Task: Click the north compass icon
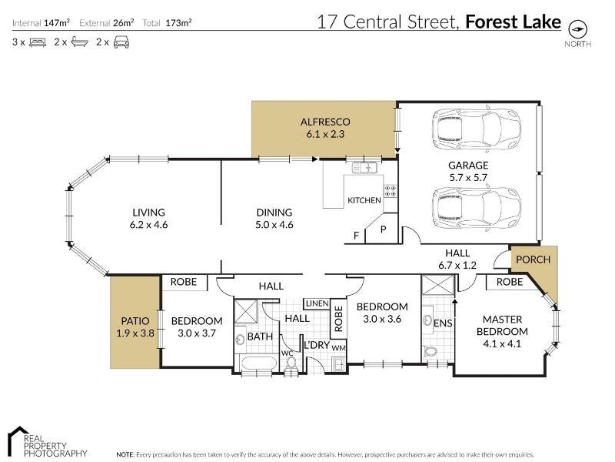[x=578, y=29]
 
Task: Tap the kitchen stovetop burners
[x=391, y=191]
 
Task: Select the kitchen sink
[x=364, y=168]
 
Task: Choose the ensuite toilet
[x=430, y=351]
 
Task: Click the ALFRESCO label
[x=325, y=122]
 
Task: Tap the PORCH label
[x=533, y=259]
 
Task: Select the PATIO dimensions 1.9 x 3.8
[x=135, y=333]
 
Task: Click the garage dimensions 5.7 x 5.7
[x=468, y=178]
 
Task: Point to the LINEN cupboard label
[x=317, y=303]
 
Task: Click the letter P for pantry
[x=383, y=229]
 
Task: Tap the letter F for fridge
[x=356, y=236]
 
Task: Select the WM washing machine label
[x=339, y=348]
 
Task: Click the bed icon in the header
[x=38, y=42]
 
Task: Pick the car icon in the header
[x=121, y=42]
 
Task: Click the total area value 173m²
[x=178, y=23]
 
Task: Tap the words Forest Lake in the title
[x=513, y=22]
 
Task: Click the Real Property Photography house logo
[x=18, y=436]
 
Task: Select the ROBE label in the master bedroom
[x=510, y=282]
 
